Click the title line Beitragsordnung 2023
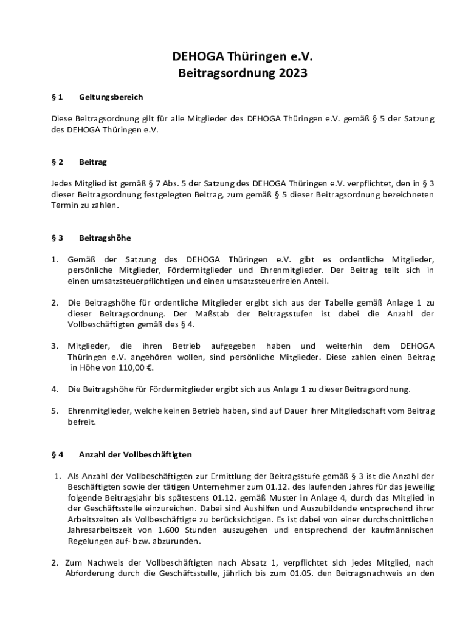point(243,73)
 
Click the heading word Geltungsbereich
point(111,97)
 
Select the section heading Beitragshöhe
point(105,238)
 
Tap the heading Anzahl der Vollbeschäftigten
point(136,454)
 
